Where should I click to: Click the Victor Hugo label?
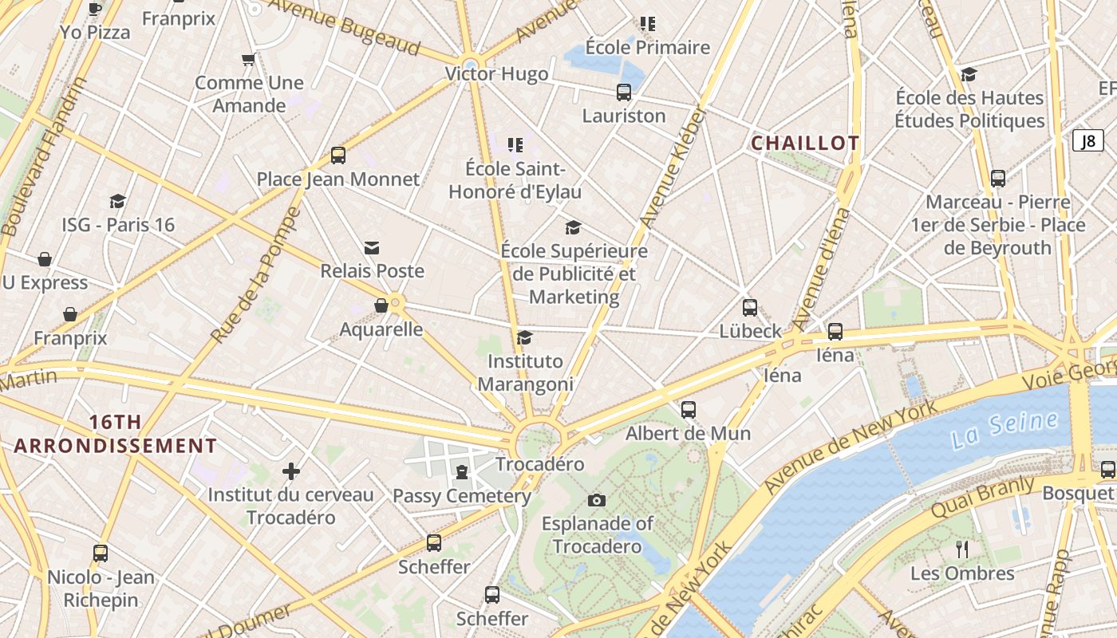click(x=496, y=74)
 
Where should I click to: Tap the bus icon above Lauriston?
click(x=624, y=93)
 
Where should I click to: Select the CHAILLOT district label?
click(x=805, y=144)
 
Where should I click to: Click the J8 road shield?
click(x=1087, y=141)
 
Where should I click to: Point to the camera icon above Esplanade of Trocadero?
click(x=596, y=500)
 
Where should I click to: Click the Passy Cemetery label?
click(x=461, y=496)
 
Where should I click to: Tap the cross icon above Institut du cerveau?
click(x=291, y=471)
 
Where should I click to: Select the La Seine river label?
click(x=1005, y=430)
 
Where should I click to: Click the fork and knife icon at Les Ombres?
click(x=962, y=549)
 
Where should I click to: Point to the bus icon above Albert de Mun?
click(x=689, y=410)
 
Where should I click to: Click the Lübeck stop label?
click(x=750, y=331)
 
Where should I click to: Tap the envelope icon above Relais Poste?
click(x=372, y=248)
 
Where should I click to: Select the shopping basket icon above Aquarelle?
click(x=381, y=305)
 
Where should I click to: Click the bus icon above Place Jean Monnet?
click(x=338, y=156)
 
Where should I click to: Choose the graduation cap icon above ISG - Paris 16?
click(x=118, y=201)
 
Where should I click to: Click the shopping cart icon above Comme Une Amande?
click(x=249, y=59)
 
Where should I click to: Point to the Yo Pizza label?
click(x=95, y=33)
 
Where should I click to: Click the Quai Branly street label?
click(x=982, y=496)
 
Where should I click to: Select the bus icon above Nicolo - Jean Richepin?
click(x=101, y=553)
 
